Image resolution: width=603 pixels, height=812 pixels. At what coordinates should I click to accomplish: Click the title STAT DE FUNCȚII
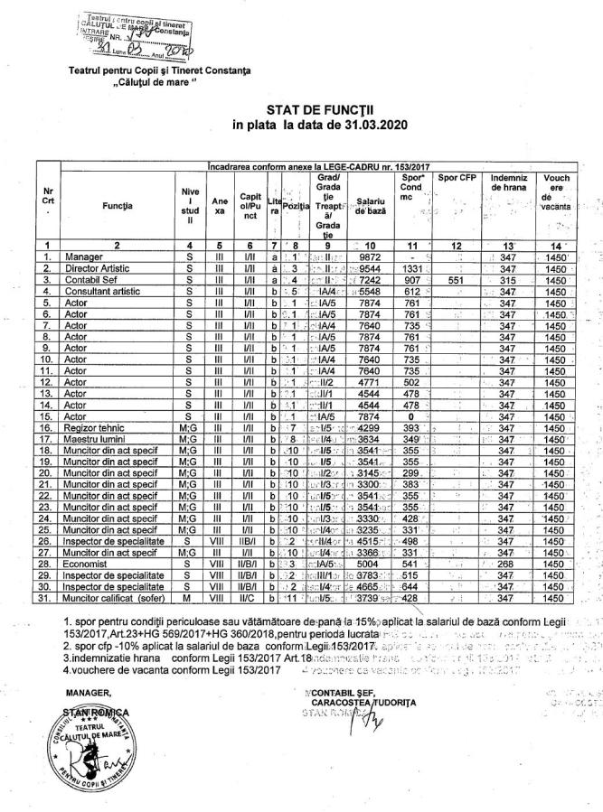[301, 109]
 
